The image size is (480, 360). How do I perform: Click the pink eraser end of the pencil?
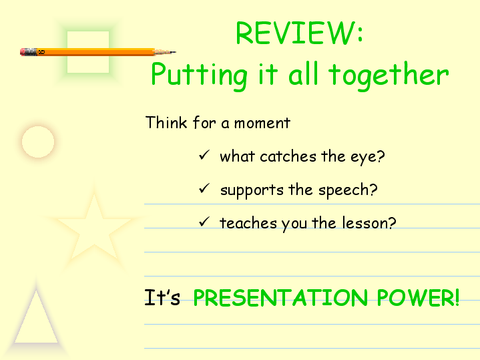pos(22,52)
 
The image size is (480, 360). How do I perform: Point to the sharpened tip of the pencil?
pos(176,52)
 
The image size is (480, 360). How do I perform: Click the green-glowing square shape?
pos(88,52)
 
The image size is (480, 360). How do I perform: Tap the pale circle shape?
pos(38,142)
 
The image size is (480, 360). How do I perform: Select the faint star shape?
pos(94,230)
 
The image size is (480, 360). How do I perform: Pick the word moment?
pos(262,123)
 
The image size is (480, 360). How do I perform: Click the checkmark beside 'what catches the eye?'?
pos(204,155)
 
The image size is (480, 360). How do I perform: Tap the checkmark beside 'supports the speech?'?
pos(204,188)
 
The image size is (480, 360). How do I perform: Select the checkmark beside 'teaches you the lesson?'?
pos(204,222)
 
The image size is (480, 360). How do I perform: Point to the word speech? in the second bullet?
pos(348,190)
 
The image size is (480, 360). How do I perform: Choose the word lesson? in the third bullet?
pos(369,222)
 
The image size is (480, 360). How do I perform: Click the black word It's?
pos(162,297)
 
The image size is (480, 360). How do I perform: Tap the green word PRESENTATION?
pos(280,297)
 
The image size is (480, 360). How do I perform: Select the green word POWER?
pos(418,297)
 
